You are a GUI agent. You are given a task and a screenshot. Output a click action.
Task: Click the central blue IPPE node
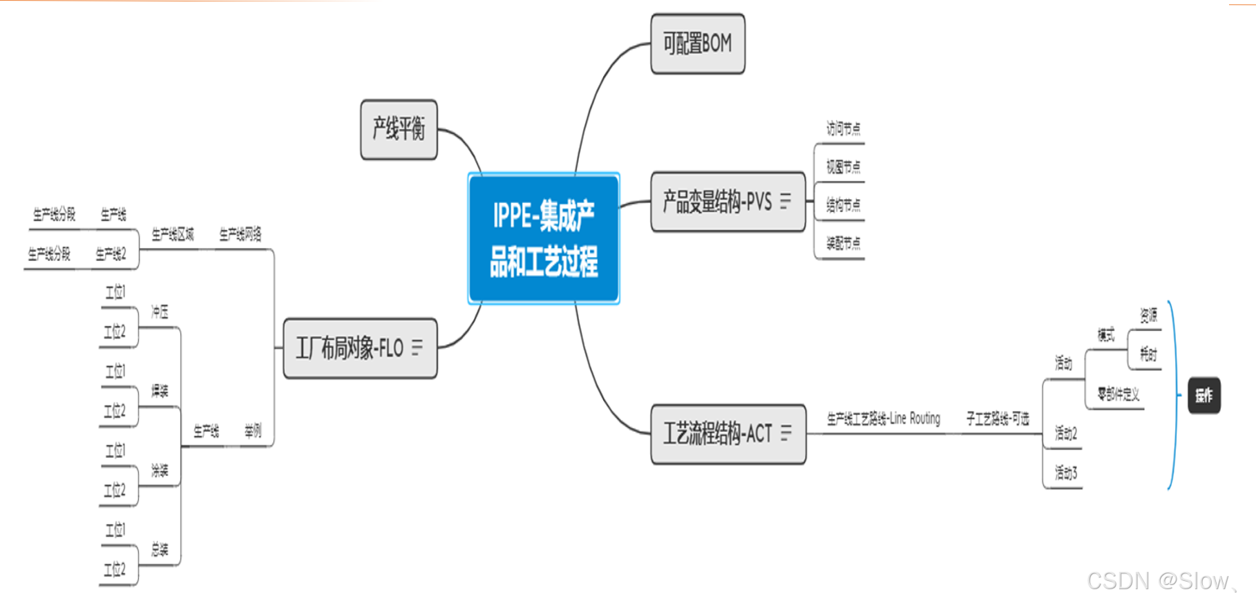(544, 238)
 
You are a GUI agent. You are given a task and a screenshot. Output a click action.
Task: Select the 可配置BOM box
(697, 44)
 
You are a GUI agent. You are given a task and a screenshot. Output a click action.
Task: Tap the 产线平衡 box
(399, 129)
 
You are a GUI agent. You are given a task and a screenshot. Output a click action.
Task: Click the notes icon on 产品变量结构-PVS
(786, 201)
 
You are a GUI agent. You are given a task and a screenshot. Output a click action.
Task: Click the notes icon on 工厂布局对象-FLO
(417, 347)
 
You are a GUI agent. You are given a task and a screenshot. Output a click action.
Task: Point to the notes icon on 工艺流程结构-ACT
(786, 433)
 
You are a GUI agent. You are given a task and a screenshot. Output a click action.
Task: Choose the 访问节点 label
(843, 128)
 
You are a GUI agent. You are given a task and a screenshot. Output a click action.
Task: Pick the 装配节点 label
(843, 243)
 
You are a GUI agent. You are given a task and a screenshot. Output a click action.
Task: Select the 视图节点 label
(843, 166)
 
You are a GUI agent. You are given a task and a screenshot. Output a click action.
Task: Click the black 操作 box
(1203, 395)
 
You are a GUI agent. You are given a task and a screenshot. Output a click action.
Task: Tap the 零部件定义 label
(1118, 394)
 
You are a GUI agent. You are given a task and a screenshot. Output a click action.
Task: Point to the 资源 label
(1148, 316)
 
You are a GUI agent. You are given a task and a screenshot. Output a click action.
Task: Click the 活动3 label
(1065, 472)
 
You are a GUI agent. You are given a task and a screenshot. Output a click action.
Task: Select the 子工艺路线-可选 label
(997, 419)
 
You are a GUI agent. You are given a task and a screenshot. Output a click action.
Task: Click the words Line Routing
(915, 419)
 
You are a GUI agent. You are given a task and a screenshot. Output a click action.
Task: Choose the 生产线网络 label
(240, 234)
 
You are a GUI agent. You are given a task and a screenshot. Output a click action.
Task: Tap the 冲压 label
(160, 312)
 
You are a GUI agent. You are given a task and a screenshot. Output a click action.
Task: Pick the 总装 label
(160, 550)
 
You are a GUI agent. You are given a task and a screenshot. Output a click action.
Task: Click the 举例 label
(253, 431)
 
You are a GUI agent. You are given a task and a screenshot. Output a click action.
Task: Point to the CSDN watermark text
(1158, 581)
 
